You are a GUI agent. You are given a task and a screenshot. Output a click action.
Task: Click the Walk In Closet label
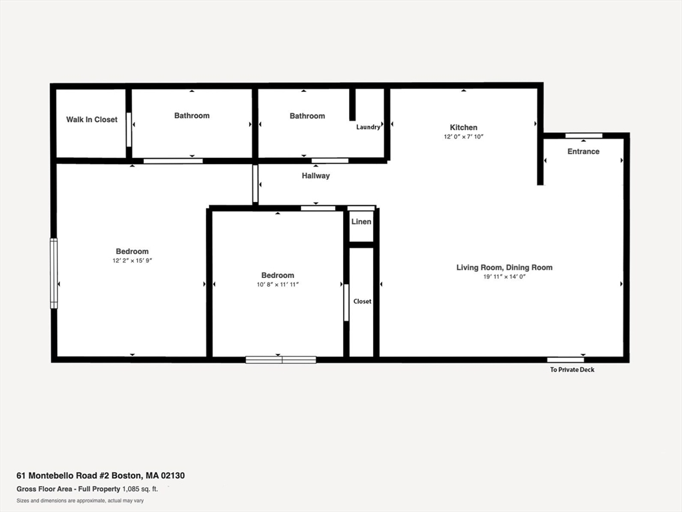coord(91,120)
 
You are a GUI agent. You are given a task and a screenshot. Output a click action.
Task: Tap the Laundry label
coord(368,127)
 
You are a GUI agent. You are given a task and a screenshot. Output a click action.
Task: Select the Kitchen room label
coord(464,127)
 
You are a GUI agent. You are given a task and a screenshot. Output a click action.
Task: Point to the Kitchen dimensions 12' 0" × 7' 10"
coord(464,137)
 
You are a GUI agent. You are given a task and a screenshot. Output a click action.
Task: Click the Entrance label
coord(583,151)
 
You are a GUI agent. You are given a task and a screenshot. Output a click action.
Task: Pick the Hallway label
coord(316,176)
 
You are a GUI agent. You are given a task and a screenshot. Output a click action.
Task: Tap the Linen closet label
coord(362,221)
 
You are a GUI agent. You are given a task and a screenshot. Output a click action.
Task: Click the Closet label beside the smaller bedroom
coord(362,301)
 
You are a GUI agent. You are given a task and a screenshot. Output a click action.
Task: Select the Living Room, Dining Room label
coord(504,267)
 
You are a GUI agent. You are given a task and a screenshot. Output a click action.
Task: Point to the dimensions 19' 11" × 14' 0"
coord(504,277)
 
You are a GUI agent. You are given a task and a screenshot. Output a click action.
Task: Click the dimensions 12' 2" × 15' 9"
coord(132,261)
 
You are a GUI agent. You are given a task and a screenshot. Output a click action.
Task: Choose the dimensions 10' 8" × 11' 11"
coord(278,285)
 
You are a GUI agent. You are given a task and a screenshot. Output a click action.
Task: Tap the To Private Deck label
coord(572,370)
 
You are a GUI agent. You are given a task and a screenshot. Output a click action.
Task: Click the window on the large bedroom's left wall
coord(54,273)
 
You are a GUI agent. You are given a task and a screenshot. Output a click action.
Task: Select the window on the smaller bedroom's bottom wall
coord(280,360)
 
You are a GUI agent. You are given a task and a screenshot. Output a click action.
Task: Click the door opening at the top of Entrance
coord(583,136)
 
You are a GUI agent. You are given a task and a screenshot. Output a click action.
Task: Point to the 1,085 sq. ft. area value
coord(141,489)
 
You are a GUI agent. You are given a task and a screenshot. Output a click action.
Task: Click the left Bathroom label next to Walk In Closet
coord(192,116)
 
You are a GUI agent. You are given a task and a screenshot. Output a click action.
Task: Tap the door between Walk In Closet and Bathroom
coord(129,129)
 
